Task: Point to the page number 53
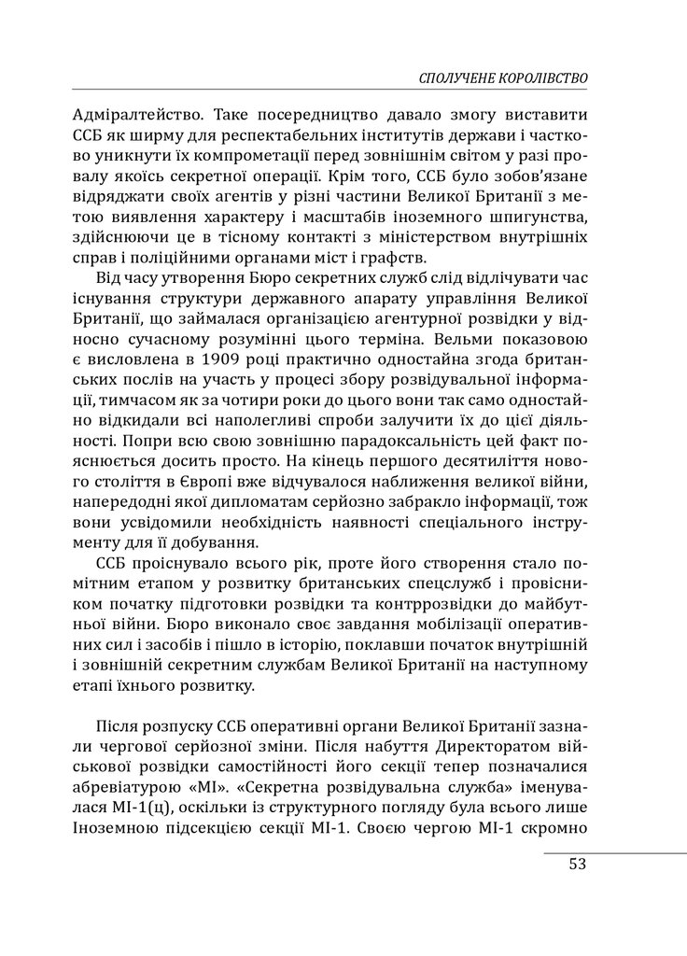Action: click(x=576, y=863)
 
